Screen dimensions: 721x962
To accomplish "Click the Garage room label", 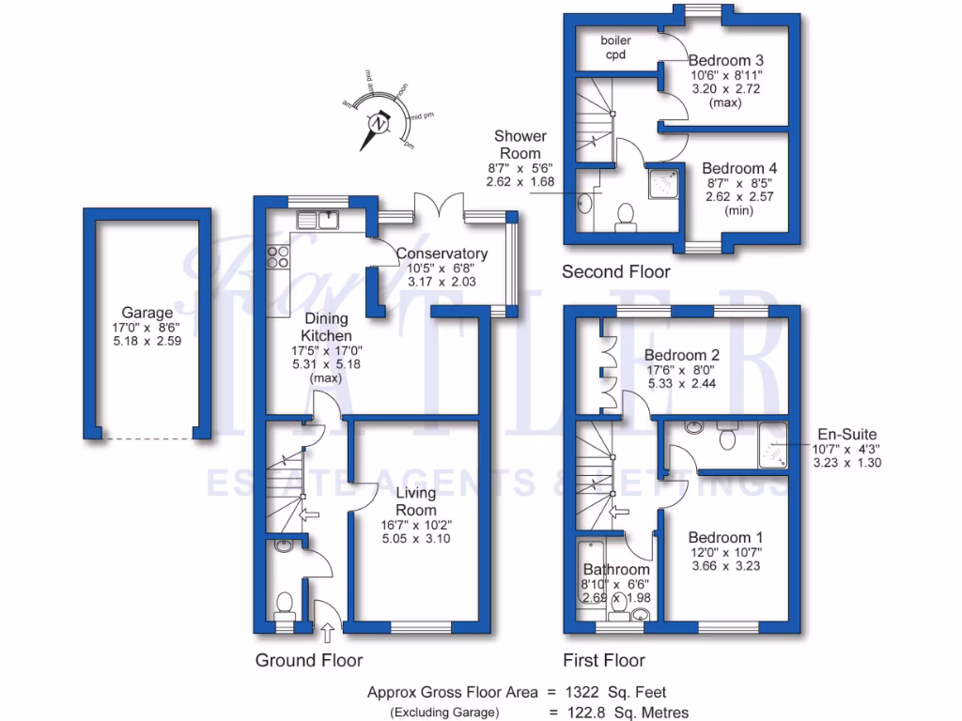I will [147, 313].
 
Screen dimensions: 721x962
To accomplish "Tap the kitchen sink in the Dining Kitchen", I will [318, 221].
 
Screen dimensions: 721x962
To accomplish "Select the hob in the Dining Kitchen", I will [277, 256].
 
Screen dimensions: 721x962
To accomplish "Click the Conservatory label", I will [442, 253].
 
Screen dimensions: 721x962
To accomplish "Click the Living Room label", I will [415, 501].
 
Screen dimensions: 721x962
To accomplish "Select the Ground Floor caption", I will [309, 660].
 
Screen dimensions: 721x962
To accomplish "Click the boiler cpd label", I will [616, 48].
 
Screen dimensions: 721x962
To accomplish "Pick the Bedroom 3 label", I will [726, 60].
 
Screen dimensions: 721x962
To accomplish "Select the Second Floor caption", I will [616, 272].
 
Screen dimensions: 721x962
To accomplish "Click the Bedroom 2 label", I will [682, 356].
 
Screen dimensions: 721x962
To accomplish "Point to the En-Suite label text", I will [846, 435].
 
